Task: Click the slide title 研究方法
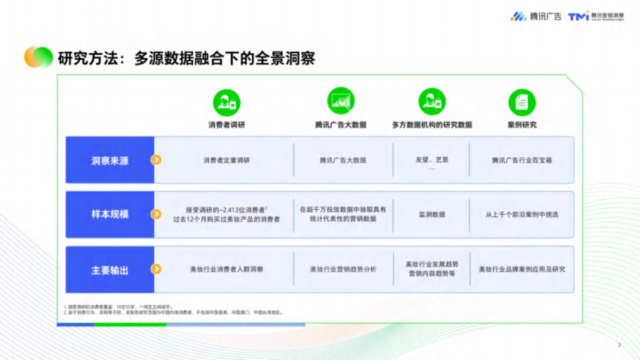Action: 186,58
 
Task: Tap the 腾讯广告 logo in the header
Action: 535,17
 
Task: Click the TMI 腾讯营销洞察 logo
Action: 596,17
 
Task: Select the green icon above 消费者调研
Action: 227,102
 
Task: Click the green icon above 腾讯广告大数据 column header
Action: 341,101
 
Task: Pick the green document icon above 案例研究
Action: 522,102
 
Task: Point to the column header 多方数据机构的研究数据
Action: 431,125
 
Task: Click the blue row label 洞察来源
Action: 110,160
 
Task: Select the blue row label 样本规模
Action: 110,214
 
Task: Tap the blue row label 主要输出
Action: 110,270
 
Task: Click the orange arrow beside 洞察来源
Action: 156,160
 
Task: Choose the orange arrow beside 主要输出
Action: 156,269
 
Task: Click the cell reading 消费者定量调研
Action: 226,160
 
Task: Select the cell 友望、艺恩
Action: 431,159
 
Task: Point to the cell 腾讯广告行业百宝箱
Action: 522,160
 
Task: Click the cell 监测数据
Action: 431,214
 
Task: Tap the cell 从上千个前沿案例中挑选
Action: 522,214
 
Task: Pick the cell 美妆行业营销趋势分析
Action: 343,269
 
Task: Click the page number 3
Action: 619,345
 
